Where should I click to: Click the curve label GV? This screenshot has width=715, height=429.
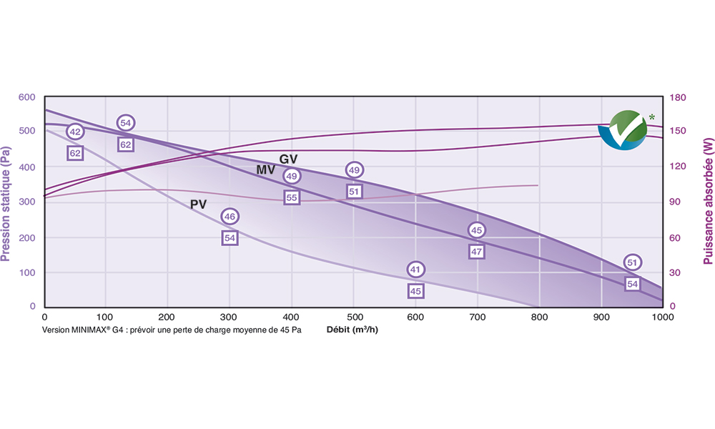[288, 159]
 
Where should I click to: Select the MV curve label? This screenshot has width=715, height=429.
[266, 170]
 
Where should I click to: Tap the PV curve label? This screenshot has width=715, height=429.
[198, 204]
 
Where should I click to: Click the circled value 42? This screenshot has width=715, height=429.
[75, 132]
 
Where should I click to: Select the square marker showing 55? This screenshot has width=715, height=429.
[291, 197]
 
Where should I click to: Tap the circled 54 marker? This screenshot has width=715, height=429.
[126, 123]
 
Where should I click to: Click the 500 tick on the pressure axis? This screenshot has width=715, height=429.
[26, 132]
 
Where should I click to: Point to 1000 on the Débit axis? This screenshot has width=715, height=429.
[662, 317]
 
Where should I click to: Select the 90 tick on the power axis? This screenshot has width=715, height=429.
[675, 202]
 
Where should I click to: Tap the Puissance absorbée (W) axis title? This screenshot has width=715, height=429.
[706, 202]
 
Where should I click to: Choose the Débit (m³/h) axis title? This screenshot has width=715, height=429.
[352, 330]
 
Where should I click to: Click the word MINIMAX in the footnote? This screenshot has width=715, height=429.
[92, 331]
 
